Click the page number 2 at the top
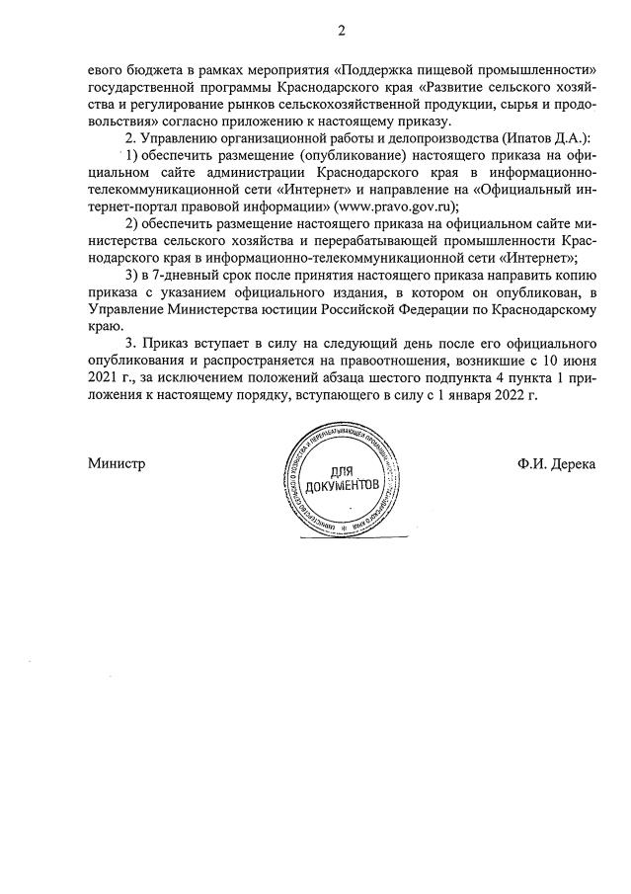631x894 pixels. pyautogui.click(x=341, y=31)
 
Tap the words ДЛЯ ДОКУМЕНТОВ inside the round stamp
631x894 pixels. pyautogui.click(x=342, y=479)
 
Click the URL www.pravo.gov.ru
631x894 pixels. pyautogui.click(x=394, y=206)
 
